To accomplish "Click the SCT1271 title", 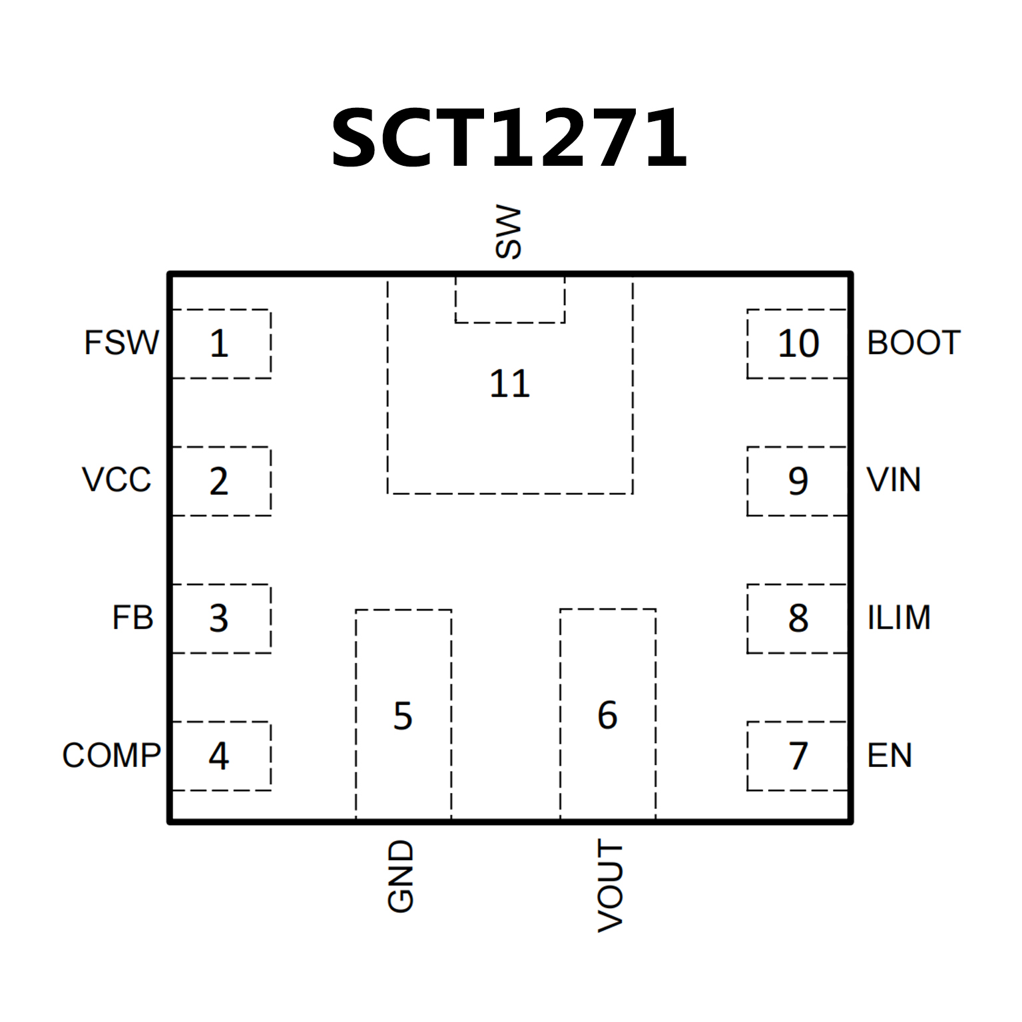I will [x=509, y=138].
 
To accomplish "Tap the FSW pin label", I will [x=121, y=343].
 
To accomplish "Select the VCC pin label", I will [x=117, y=480].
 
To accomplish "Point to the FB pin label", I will [x=132, y=618].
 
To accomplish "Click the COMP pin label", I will [x=111, y=756].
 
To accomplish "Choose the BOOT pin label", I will [x=913, y=343].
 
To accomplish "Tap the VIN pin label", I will [x=894, y=480].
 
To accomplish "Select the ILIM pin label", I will [x=899, y=618].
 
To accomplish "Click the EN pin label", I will [x=890, y=756].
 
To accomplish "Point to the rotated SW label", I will [x=509, y=232].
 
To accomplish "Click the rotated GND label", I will [x=401, y=876].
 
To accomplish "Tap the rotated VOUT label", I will [x=610, y=886].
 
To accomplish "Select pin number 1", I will [x=219, y=344].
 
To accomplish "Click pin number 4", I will [x=219, y=756].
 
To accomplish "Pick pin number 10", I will [x=798, y=344].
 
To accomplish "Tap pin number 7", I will [x=798, y=756].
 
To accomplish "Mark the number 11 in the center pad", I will [x=509, y=384].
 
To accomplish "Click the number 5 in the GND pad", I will [x=403, y=716].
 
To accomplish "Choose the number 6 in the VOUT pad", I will [x=607, y=716].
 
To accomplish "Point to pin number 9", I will [x=798, y=481].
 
